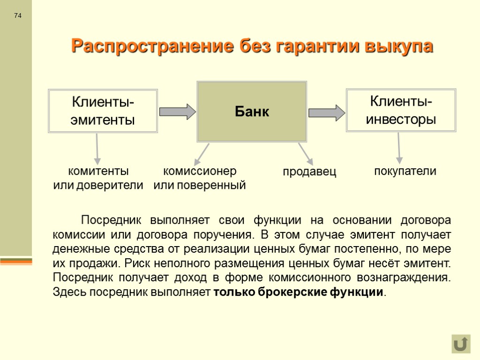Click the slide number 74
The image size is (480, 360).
[18, 16]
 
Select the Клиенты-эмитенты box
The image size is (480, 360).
[103, 111]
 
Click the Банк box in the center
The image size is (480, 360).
[252, 112]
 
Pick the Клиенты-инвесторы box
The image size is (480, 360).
[401, 110]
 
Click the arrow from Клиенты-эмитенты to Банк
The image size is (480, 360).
[177, 112]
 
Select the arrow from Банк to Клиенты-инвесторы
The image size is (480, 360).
[326, 112]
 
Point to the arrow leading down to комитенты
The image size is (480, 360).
[97, 148]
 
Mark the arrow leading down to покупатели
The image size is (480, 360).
[399, 148]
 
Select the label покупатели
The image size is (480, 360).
[405, 171]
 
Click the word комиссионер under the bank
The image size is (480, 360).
[200, 171]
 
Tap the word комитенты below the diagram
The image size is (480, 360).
[98, 171]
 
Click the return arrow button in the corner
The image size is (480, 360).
[461, 344]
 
